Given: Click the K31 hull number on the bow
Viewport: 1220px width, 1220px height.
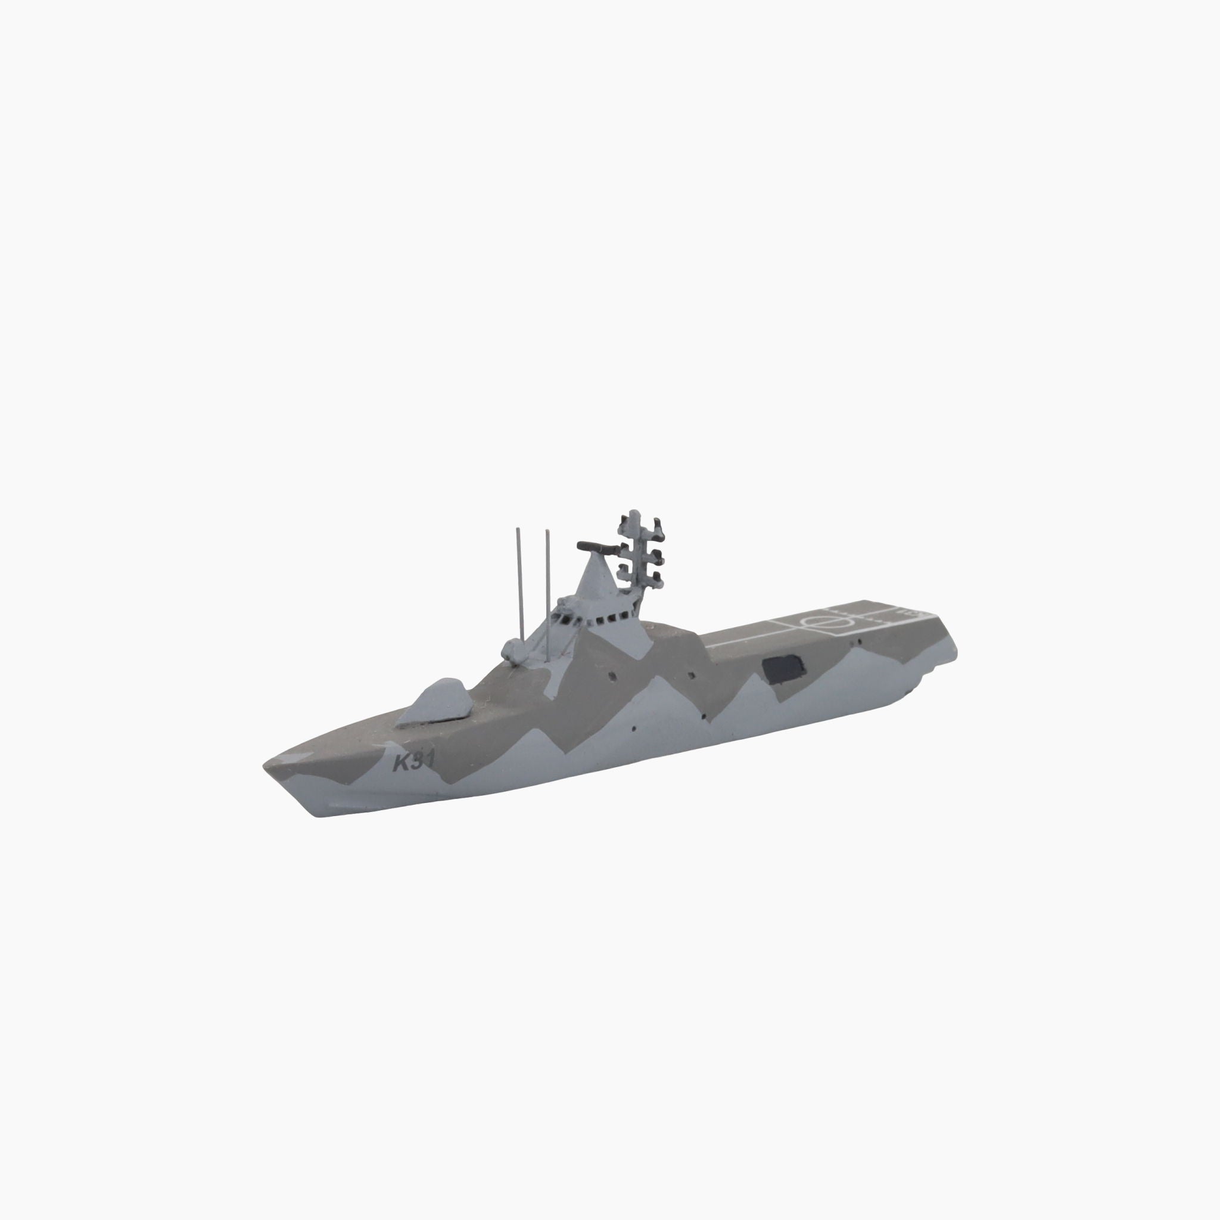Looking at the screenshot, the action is [x=413, y=762].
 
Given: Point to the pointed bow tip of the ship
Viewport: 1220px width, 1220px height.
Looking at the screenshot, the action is [x=264, y=765].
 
